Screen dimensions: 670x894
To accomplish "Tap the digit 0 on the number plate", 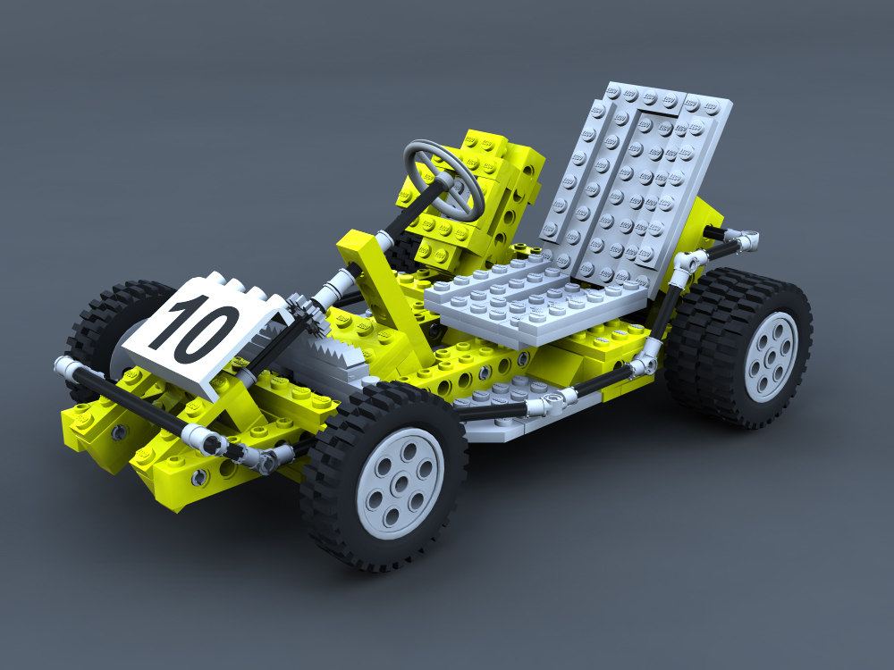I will (212, 333).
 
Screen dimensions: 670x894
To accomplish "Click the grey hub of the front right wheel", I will (400, 482).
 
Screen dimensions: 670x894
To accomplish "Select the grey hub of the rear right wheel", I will (770, 356).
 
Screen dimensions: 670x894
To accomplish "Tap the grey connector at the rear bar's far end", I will (747, 239).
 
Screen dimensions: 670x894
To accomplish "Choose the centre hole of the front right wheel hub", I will (400, 483).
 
